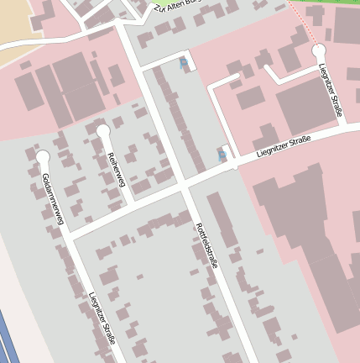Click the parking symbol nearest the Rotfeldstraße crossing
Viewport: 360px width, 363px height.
click(222, 155)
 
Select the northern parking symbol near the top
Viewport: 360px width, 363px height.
click(184, 62)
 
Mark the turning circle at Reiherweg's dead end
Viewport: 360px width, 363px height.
click(103, 132)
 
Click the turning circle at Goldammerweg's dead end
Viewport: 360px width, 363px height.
click(43, 157)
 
